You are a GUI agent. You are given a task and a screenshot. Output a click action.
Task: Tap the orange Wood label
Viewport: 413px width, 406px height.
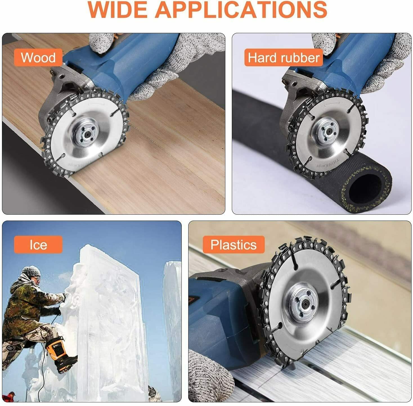tap(38, 57)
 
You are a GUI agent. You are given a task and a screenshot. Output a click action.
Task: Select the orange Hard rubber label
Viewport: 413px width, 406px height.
tap(284, 57)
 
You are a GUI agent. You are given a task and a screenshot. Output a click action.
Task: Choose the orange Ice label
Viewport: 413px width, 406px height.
tap(38, 244)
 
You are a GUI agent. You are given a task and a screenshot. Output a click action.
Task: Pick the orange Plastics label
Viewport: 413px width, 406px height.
tap(234, 244)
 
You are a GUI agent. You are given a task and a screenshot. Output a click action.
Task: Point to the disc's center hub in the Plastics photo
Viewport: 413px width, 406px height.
tap(305, 304)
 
